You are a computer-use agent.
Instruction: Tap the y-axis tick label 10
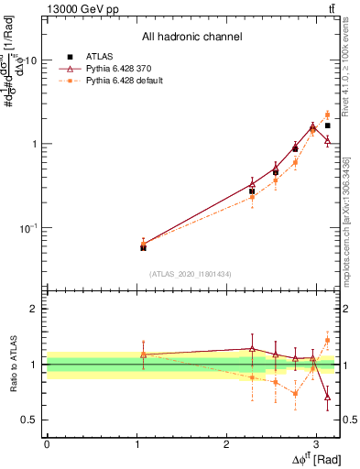pyautogui.click(x=27, y=60)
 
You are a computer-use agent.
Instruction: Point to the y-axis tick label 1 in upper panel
pyautogui.click(x=33, y=145)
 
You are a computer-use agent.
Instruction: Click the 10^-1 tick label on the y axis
pyautogui.click(x=27, y=228)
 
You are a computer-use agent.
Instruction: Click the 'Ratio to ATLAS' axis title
pyautogui.click(x=12, y=364)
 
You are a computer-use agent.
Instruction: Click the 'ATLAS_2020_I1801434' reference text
pyautogui.click(x=191, y=274)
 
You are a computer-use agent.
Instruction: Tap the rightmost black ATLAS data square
pyautogui.click(x=328, y=125)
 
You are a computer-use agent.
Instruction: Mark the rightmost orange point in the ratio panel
pyautogui.click(x=328, y=341)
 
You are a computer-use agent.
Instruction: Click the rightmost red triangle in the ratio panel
pyautogui.click(x=328, y=397)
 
